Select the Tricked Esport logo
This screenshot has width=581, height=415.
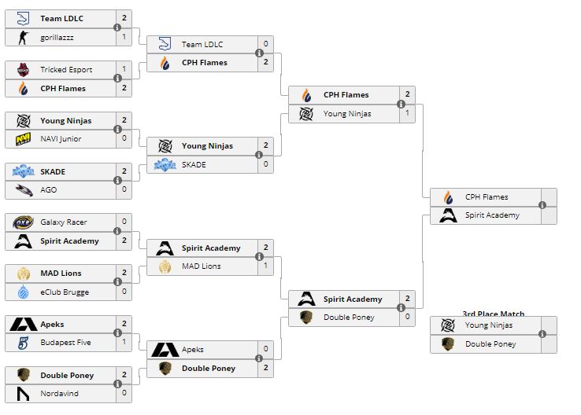tap(23, 70)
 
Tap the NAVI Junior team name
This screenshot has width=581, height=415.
tap(61, 139)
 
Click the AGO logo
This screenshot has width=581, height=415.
tap(23, 189)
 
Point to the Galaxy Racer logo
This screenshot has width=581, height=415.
tap(23, 222)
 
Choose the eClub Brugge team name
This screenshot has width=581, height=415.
tap(65, 292)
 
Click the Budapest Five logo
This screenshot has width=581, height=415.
tap(23, 343)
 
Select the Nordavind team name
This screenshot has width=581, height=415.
tap(60, 393)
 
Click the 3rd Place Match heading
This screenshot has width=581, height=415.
tap(494, 314)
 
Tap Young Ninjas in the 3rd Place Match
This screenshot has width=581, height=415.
tap(488, 325)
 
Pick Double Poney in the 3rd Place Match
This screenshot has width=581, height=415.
tap(490, 343)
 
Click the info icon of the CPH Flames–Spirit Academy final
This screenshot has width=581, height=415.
tap(542, 206)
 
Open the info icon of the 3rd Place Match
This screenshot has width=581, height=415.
tap(542, 335)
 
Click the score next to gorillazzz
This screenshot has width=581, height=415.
tap(124, 37)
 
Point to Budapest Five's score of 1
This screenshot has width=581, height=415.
tap(124, 343)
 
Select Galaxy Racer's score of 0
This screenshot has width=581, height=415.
tap(124, 222)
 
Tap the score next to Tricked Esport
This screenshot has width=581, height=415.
tap(124, 70)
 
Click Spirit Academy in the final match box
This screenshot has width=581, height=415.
tap(491, 215)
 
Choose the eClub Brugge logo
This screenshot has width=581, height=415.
tap(23, 292)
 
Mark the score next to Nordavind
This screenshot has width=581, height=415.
tap(124, 393)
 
